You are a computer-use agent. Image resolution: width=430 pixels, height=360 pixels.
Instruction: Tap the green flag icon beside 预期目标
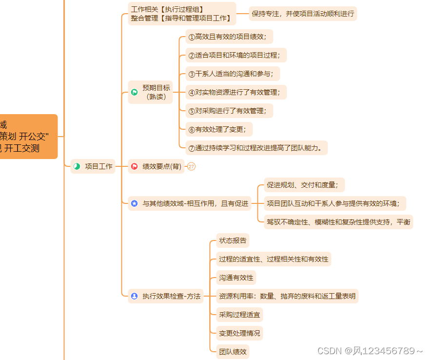pos(135,92)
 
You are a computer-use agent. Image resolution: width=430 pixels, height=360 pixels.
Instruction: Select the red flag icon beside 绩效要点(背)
pos(135,166)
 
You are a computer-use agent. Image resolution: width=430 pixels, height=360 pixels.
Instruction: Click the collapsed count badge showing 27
pos(191,166)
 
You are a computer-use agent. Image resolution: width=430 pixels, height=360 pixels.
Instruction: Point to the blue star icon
pos(135,203)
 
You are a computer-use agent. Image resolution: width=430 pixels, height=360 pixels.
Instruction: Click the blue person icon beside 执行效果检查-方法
pos(135,296)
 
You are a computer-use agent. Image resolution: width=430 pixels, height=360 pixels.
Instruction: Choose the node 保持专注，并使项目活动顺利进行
pos(303,14)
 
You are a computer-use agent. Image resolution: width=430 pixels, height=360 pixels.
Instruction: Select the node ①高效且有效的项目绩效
pos(230,37)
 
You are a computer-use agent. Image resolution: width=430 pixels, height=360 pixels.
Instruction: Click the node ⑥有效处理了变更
pos(220,129)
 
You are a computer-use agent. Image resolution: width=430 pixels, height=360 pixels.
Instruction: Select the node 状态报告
pos(233,240)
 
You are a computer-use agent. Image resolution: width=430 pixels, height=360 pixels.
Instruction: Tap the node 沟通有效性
pos(236,278)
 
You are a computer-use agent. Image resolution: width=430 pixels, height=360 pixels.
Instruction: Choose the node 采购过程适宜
pos(240,315)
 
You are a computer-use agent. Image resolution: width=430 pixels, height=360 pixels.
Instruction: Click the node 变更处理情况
pos(240,333)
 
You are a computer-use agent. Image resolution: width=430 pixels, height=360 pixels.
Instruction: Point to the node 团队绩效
pos(233,351)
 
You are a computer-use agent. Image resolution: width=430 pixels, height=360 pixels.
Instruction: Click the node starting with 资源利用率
pos(288,296)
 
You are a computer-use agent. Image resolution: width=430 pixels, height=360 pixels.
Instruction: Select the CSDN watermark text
pos(370,351)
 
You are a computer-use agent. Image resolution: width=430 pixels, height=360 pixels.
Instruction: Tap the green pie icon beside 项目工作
pos(77,166)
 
